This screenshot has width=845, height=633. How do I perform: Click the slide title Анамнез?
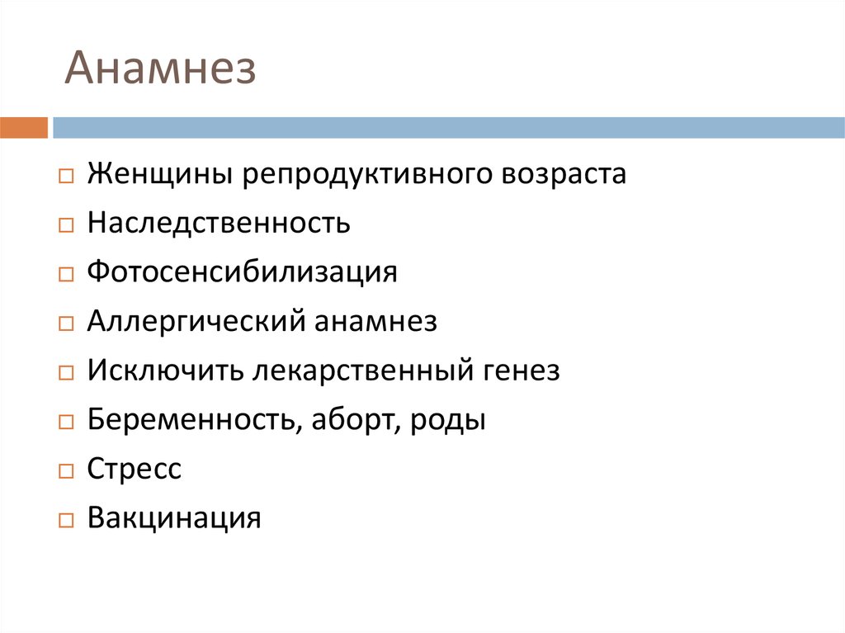point(160,69)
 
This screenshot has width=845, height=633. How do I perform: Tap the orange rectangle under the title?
point(24,128)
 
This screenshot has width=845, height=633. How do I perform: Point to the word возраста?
point(564,175)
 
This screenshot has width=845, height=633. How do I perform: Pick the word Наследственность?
point(219,223)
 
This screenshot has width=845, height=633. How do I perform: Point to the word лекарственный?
point(361,371)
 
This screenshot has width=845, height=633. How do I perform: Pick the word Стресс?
point(134,470)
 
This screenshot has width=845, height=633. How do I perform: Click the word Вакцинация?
point(174,518)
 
